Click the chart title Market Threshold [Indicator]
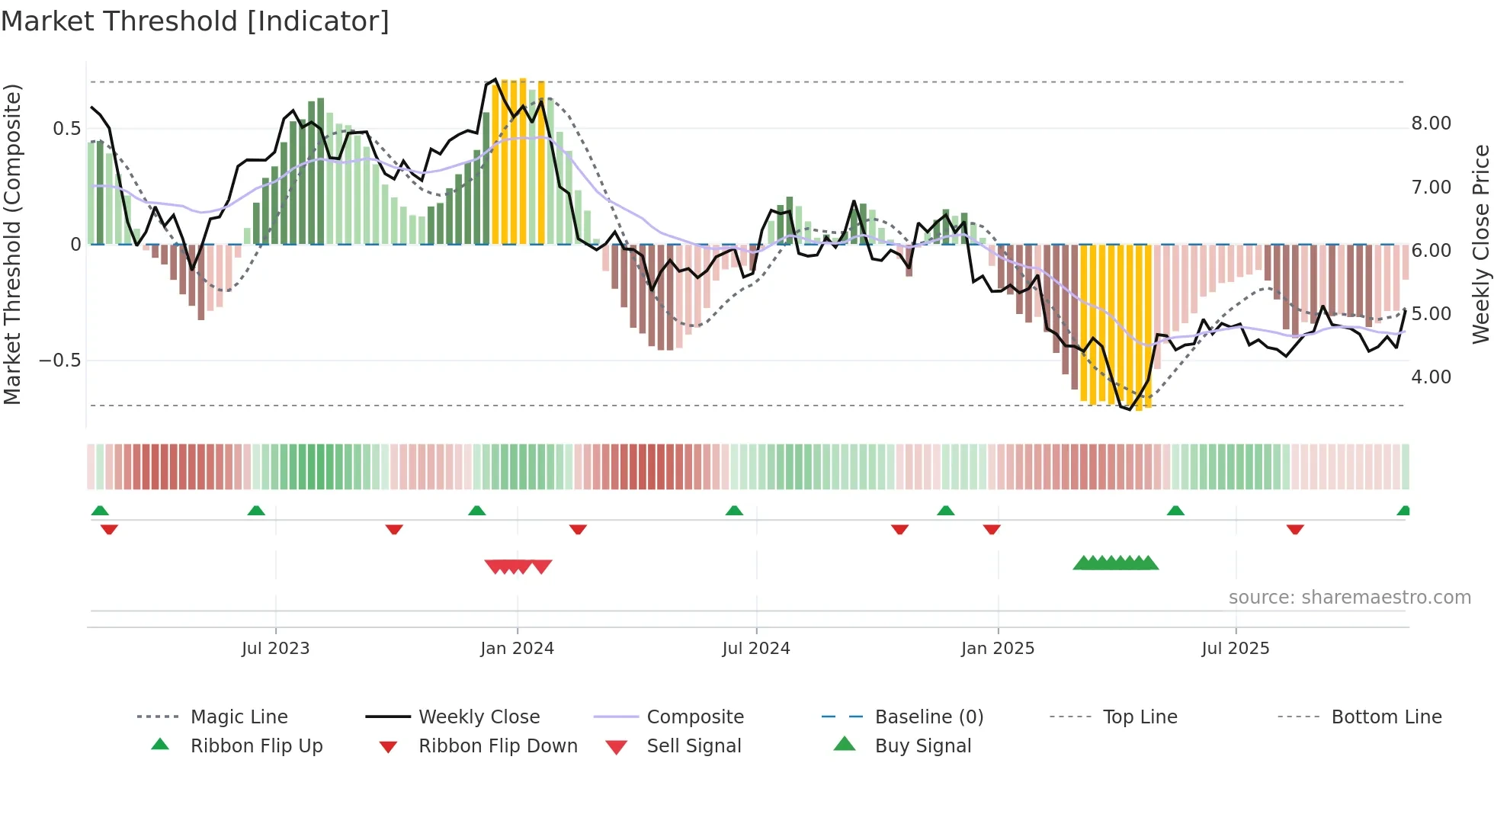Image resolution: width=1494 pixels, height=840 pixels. pyautogui.click(x=195, y=21)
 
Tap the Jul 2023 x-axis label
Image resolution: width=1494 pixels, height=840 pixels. pyautogui.click(x=275, y=649)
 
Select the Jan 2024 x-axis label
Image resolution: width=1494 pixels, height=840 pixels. pyautogui.click(x=517, y=649)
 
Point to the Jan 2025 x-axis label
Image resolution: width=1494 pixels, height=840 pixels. pyautogui.click(x=997, y=649)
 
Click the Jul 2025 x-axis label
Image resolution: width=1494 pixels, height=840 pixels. pyautogui.click(x=1235, y=649)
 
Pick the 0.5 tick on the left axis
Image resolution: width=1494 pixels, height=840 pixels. pyautogui.click(x=66, y=129)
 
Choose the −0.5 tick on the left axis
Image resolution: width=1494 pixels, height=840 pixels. pyautogui.click(x=60, y=361)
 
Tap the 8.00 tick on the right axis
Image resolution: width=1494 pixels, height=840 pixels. pyautogui.click(x=1431, y=123)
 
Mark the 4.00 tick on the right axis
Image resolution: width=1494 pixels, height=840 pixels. pyautogui.click(x=1431, y=377)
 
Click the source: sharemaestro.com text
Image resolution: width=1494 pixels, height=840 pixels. pyautogui.click(x=1349, y=598)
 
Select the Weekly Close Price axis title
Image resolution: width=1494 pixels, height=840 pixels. pyautogui.click(x=1480, y=244)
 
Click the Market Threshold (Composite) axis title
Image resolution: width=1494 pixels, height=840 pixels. pyautogui.click(x=12, y=244)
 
